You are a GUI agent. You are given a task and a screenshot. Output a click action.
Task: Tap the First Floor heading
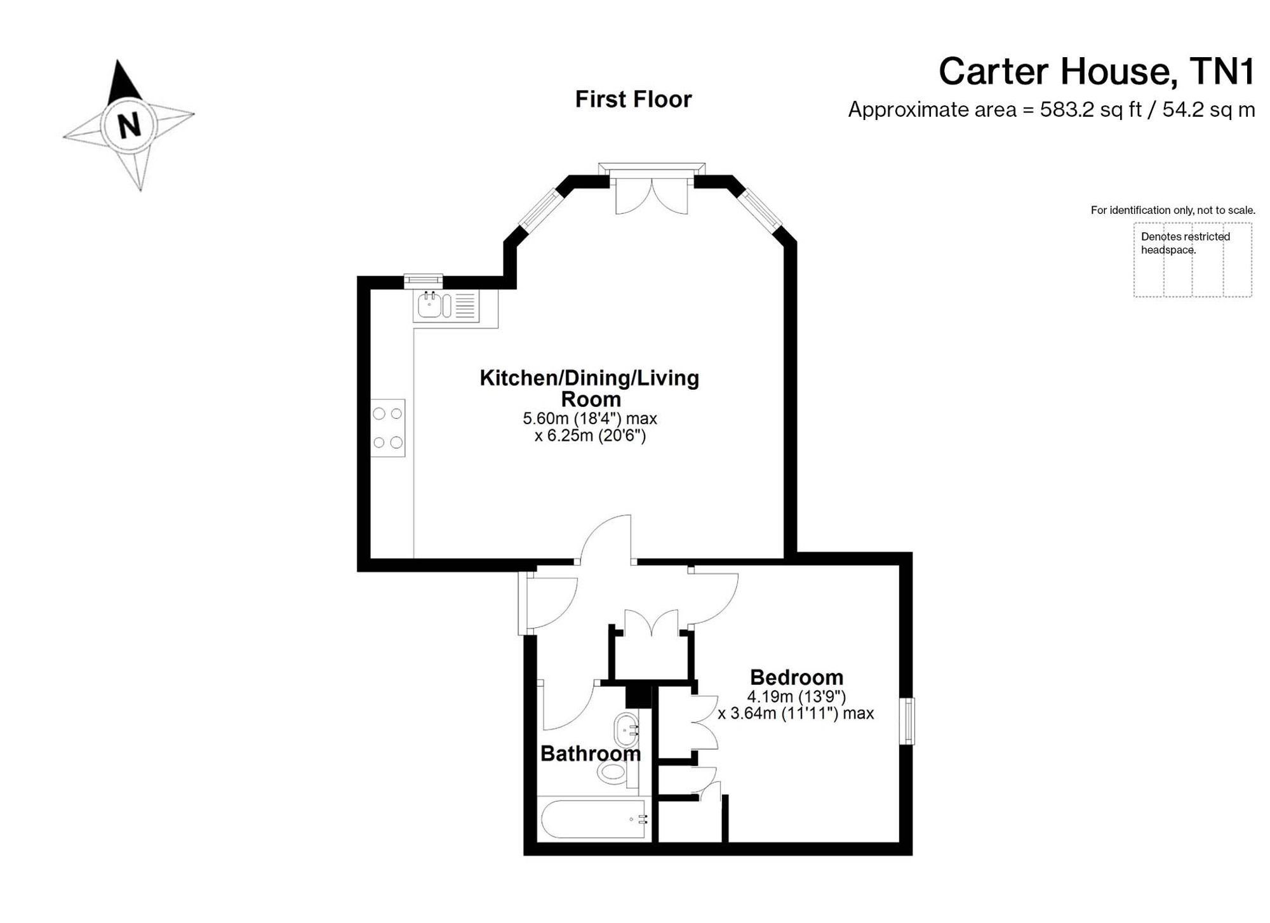coord(633,99)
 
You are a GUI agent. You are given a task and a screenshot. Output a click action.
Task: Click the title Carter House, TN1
coord(1097,71)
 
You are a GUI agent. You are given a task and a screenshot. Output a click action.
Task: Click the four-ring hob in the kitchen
coord(387,427)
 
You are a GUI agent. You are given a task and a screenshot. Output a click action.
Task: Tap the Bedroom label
coord(796,677)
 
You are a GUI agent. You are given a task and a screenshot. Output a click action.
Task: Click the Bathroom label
coord(591,754)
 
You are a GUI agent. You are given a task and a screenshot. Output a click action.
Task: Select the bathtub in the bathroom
coord(594,820)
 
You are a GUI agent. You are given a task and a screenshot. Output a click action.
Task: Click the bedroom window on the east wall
coord(909,720)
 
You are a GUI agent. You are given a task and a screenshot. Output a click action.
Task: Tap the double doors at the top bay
coord(652,194)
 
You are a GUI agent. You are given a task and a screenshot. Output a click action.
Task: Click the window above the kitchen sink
coord(424,281)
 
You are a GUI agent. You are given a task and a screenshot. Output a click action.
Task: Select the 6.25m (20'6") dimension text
coord(590,436)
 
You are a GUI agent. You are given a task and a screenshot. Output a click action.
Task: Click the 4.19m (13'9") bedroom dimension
coord(796,696)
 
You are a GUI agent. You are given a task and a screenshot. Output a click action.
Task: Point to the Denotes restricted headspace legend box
coord(1193,260)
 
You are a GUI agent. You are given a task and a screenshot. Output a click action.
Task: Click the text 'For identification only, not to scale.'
coord(1173,210)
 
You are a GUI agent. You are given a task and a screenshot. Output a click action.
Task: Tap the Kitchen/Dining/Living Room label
coord(589,388)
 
